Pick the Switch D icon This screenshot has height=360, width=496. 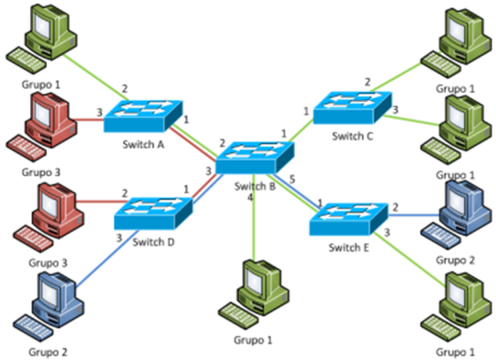coord(154,213)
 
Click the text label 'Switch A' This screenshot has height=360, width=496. coord(143,144)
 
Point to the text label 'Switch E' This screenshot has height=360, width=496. coord(349,247)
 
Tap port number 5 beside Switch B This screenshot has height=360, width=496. coord(292,180)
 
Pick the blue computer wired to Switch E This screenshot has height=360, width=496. coord(463,207)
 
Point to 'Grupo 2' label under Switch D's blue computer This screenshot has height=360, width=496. coord(48,351)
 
